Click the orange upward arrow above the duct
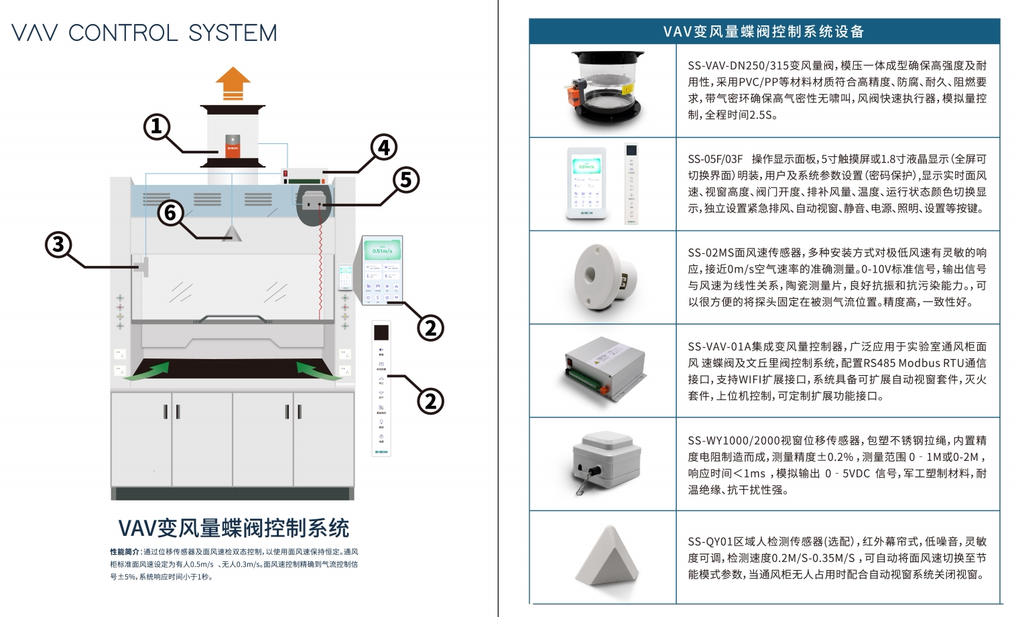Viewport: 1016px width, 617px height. click(233, 84)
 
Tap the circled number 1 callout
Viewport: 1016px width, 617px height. click(157, 126)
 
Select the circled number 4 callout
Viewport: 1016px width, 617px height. click(383, 147)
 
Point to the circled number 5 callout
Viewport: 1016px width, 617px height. click(405, 180)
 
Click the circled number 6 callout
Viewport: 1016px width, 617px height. click(171, 212)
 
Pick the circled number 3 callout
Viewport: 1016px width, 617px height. click(58, 244)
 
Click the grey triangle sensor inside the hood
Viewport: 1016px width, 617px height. click(232, 233)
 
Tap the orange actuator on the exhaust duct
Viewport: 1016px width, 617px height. click(233, 147)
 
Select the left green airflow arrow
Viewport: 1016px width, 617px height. click(147, 370)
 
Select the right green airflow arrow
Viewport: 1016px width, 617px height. click(319, 370)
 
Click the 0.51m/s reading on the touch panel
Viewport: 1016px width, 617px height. click(382, 251)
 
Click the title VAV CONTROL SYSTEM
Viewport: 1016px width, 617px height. click(144, 33)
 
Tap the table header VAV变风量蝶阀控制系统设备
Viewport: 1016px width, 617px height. click(763, 31)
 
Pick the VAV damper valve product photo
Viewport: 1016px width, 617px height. click(602, 90)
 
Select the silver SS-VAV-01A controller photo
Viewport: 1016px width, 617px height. click(602, 370)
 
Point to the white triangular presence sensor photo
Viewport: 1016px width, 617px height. click(607, 555)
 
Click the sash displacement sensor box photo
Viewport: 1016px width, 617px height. click(602, 462)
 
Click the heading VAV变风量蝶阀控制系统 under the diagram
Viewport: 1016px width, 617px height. click(233, 528)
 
